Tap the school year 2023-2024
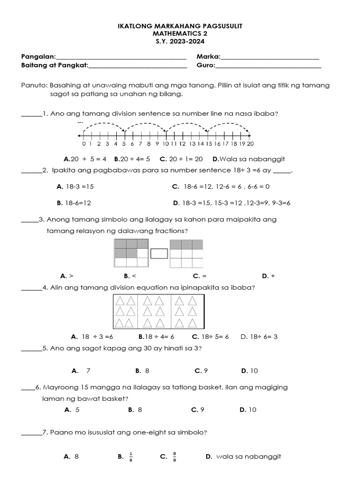point(185,41)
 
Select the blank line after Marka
point(270,57)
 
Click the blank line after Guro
point(268,66)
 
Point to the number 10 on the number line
point(165,144)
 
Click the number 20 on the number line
point(250,144)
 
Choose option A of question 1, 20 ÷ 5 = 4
point(85,159)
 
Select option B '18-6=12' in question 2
point(74,203)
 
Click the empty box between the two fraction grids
point(159,254)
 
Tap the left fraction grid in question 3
point(132,253)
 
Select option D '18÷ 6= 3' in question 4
point(259,337)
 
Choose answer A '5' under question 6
point(73,410)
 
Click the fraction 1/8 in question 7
point(131,457)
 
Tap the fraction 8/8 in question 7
point(174,457)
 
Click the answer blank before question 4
point(31,288)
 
